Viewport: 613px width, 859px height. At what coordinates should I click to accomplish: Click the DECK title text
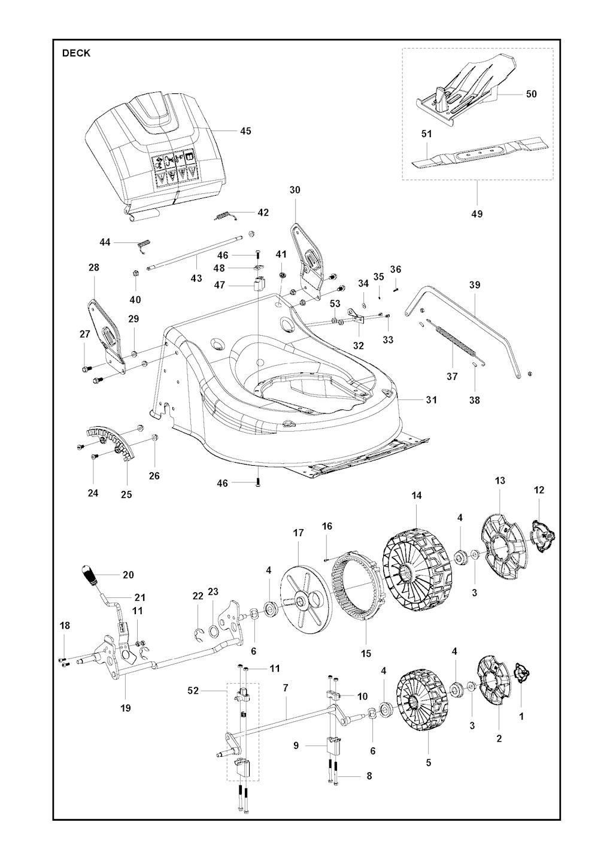77,53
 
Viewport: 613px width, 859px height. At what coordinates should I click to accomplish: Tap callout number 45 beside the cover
245,131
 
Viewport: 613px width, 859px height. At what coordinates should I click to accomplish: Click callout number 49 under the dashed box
477,214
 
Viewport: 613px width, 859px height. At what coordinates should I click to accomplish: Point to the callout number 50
531,94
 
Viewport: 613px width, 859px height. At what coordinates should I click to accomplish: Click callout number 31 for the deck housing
431,400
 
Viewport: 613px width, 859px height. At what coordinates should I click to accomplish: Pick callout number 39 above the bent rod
475,285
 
